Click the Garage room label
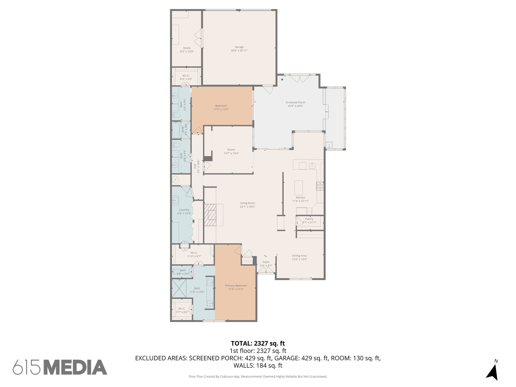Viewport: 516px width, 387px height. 239,47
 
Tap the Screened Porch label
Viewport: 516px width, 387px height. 295,102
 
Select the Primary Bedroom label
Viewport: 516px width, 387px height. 236,285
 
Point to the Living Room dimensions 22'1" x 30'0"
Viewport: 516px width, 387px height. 247,207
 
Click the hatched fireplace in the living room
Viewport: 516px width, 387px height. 210,215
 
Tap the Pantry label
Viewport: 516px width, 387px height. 309,219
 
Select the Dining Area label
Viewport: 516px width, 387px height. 299,256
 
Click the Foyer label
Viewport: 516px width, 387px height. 266,262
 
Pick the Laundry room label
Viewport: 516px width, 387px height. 184,210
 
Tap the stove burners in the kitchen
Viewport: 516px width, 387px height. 320,186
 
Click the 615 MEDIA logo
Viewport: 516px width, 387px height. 60,367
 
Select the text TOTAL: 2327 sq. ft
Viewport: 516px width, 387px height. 258,343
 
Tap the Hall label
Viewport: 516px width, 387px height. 195,166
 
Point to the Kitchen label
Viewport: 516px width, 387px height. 300,198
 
